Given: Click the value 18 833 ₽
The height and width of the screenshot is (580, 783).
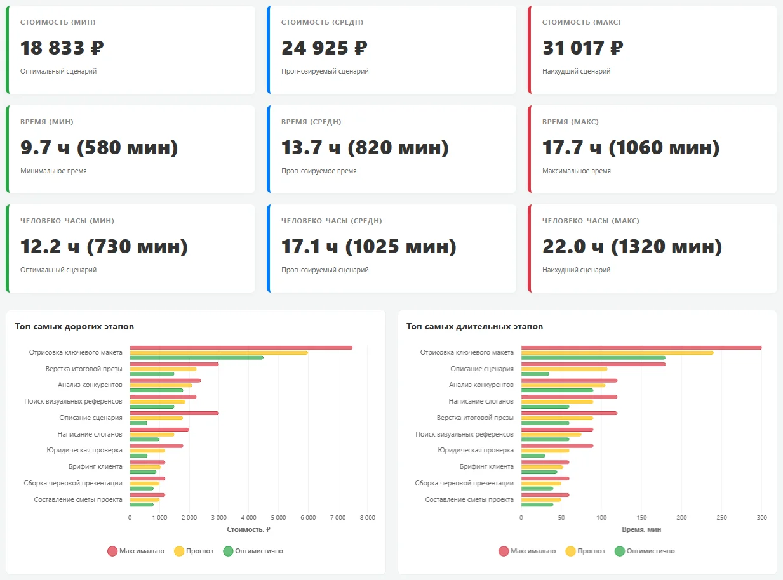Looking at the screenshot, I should pos(62,48).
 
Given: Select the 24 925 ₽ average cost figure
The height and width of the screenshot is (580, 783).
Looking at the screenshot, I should pos(324,48).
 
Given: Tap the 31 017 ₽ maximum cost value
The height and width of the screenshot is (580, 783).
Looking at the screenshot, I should pos(582,48).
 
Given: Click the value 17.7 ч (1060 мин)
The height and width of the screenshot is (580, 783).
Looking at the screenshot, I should pos(631,148).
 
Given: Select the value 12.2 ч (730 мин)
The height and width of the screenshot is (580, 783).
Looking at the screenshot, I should pos(104,247).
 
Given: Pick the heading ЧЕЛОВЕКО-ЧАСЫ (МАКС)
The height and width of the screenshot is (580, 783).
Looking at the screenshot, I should pos(591,221).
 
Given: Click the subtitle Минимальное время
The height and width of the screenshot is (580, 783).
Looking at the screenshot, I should pos(53,171).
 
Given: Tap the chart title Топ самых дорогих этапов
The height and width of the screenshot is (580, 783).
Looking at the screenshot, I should pos(74,326).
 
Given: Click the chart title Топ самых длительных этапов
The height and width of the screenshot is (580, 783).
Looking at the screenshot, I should pos(474,326).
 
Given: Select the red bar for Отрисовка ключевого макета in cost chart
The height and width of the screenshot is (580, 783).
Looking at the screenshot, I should pos(241,348).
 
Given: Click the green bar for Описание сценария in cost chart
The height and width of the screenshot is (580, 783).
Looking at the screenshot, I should pos(138,423).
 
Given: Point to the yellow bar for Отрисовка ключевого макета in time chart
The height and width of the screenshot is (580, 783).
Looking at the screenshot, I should pos(617,353).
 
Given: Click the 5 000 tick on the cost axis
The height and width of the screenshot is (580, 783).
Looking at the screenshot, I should pos(278,517).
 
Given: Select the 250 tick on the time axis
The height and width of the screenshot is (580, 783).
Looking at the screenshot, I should pos(721,517).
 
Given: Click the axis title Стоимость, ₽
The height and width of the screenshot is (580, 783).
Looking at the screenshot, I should pos(248,529).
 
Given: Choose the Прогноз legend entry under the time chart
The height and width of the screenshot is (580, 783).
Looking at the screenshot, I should pos(584,551).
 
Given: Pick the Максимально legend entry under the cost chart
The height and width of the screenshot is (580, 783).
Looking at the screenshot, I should pos(136,551).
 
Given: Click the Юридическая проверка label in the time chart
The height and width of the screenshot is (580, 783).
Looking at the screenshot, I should pos(476,450).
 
